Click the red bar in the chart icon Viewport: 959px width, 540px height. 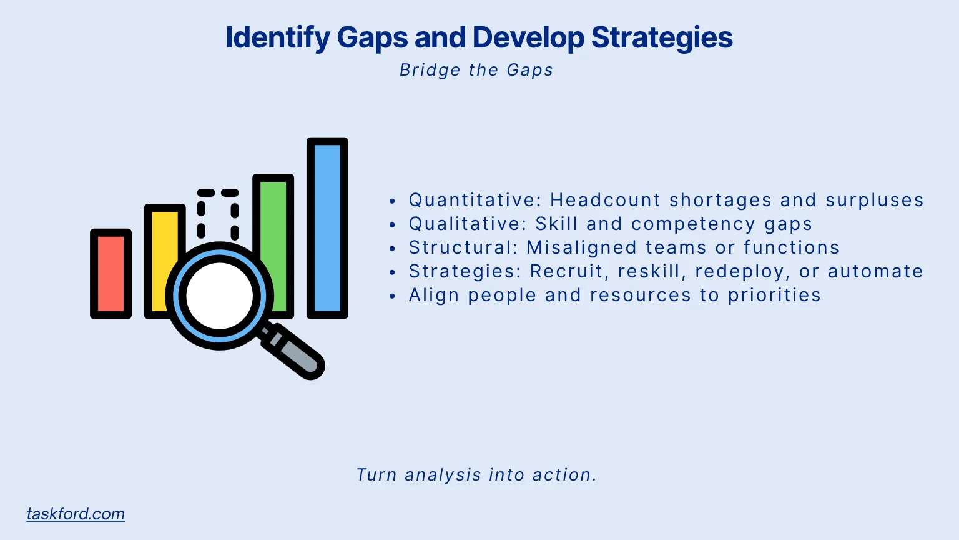(x=111, y=274)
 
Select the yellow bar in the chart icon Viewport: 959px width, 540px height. (x=164, y=237)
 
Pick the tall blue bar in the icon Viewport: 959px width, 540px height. (x=327, y=227)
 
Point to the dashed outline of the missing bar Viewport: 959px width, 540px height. (x=218, y=212)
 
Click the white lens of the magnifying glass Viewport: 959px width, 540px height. (x=219, y=296)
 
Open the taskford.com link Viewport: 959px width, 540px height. (x=76, y=514)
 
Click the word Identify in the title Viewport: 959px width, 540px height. (x=277, y=37)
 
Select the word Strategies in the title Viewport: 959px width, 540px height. (x=662, y=37)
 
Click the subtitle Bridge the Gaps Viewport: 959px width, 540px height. (x=476, y=70)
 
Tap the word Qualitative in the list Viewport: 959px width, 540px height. (x=467, y=224)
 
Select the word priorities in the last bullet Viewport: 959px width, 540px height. (x=774, y=295)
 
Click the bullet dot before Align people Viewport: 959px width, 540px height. (x=392, y=296)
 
